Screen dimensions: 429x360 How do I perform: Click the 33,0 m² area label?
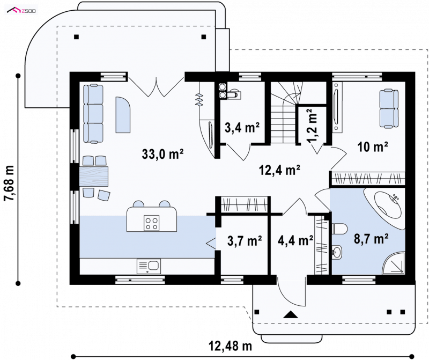[x=162, y=154]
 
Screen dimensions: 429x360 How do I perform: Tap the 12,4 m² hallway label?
[x=279, y=170]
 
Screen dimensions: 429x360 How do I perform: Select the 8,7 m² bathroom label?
[x=371, y=239]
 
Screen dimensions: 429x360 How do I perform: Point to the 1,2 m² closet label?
[x=312, y=124]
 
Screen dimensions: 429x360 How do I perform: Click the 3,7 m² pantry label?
[x=245, y=241]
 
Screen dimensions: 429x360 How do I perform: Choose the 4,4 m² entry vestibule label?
[x=295, y=241]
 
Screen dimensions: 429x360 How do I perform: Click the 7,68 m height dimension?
[x=10, y=183]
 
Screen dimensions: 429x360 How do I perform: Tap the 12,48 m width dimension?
[x=231, y=346]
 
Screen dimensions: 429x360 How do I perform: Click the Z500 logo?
[x=21, y=11]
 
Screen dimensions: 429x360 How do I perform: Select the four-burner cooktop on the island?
[x=152, y=223]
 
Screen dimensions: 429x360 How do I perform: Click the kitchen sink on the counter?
[x=149, y=266]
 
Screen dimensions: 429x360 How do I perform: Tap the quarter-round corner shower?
[x=394, y=263]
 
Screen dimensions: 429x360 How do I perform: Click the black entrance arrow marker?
[x=291, y=314]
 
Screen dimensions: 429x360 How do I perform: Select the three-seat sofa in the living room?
[x=93, y=114]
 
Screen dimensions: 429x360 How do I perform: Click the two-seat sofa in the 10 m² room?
[x=389, y=108]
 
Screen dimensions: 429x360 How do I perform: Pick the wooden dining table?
[x=93, y=177]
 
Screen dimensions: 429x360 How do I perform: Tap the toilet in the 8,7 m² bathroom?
[x=339, y=229]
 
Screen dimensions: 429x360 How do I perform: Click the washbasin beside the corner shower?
[x=337, y=252]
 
